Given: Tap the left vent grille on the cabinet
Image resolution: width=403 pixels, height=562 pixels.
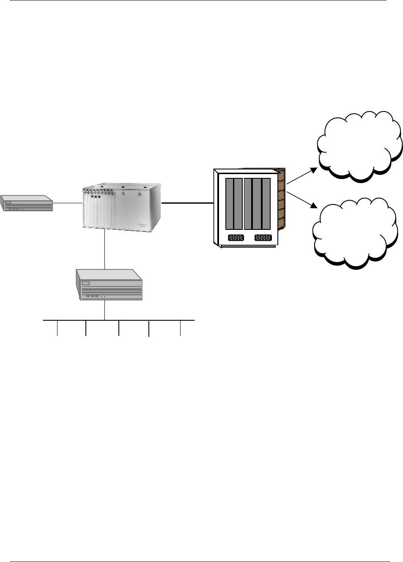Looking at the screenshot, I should coord(236,238).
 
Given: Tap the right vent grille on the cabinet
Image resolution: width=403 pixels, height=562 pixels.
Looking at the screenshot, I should coord(263,238).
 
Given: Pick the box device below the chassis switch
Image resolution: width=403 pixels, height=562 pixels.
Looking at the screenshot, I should coord(109,285).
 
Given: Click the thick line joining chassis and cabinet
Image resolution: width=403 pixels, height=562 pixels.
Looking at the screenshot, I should coord(187,203).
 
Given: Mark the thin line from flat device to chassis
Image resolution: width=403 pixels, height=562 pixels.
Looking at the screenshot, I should coord(68,203).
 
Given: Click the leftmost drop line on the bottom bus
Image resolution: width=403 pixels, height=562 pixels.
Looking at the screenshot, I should coord(57,328).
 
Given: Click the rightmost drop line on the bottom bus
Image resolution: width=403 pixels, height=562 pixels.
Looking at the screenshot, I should coord(181,328).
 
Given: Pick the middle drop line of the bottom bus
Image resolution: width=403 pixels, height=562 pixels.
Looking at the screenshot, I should coord(119,328).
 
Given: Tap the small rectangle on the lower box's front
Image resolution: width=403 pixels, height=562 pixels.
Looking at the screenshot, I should coord(87,284).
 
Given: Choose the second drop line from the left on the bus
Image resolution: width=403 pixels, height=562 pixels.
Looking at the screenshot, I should coord(86,328).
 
